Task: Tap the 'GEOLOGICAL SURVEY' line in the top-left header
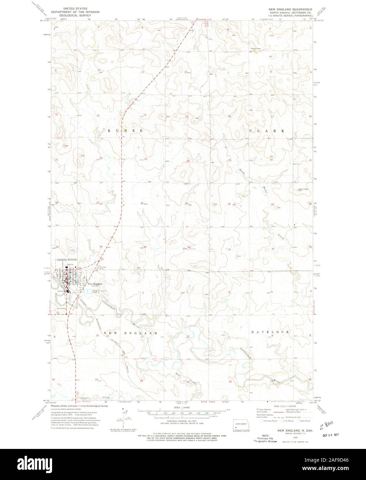[75, 16]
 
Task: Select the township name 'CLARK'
[268, 131]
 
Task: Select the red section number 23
[146, 159]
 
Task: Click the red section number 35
[145, 247]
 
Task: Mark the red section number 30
[229, 204]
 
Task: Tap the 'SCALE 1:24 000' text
[182, 408]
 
